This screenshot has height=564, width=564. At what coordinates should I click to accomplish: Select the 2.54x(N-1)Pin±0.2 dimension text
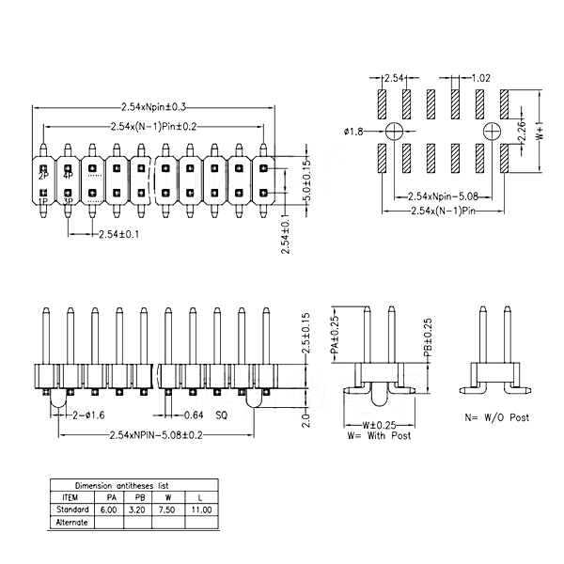pyautogui.click(x=154, y=125)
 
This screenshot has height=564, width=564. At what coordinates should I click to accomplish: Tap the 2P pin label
pyautogui.click(x=43, y=176)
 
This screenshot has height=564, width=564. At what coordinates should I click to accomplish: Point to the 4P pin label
pyautogui.click(x=68, y=176)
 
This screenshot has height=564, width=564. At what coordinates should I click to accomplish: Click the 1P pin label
pyautogui.click(x=43, y=200)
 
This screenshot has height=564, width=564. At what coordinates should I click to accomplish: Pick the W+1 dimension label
pyautogui.click(x=540, y=130)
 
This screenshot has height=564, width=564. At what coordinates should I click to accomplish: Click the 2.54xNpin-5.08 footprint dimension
pyautogui.click(x=438, y=196)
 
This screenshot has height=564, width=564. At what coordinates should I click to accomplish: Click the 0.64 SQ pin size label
pyautogui.click(x=206, y=414)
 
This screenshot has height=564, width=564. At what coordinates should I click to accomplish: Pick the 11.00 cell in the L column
pyautogui.click(x=200, y=509)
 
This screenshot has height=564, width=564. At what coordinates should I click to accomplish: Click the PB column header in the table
pyautogui.click(x=139, y=497)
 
